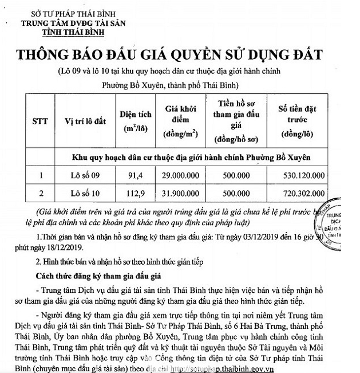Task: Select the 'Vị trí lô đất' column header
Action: point(85,121)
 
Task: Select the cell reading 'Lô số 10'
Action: point(84,193)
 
